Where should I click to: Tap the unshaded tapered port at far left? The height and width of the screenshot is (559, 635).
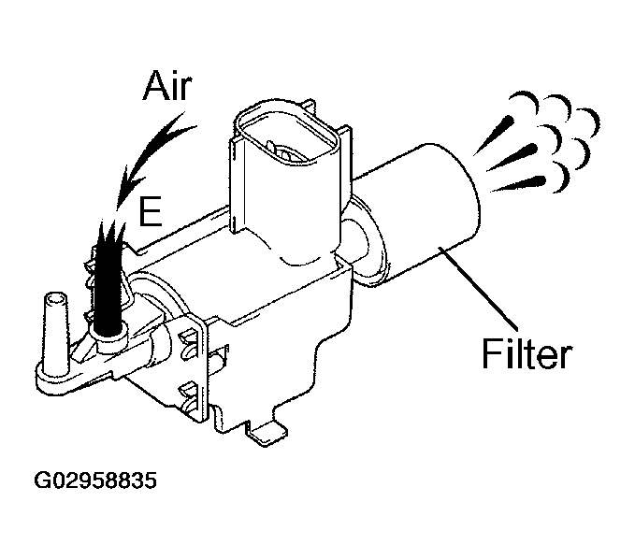click(56, 327)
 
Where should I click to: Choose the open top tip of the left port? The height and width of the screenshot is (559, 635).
click(54, 299)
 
